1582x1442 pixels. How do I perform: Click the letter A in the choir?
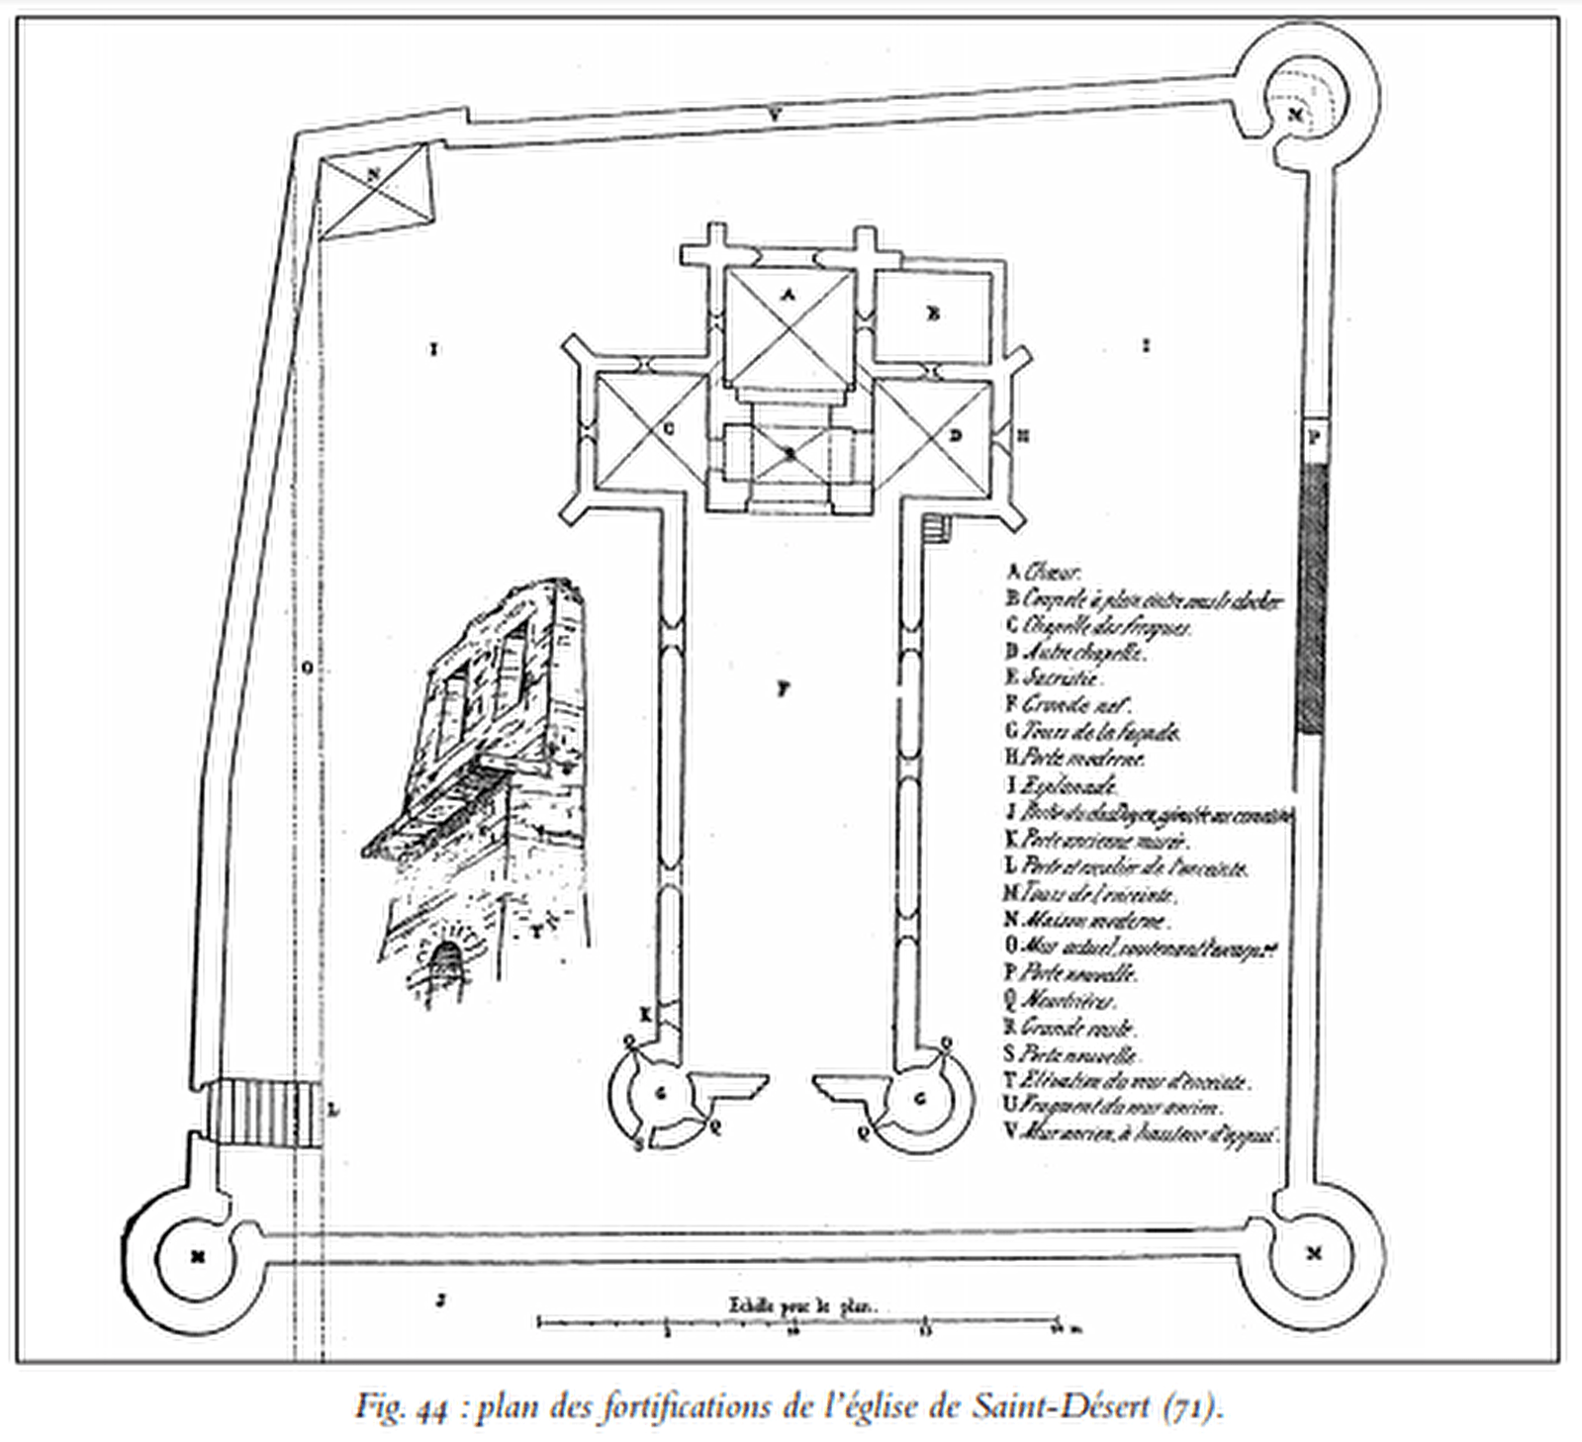[789, 294]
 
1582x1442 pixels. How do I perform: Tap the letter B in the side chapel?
[932, 314]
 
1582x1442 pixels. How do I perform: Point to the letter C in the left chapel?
[668, 430]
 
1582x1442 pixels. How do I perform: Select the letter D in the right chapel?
[955, 434]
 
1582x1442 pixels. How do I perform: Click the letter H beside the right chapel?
[1023, 434]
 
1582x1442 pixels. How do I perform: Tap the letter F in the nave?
[783, 690]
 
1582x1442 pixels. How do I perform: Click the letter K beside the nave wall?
[644, 1014]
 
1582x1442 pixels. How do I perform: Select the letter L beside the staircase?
[333, 1110]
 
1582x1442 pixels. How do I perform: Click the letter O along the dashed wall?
[307, 669]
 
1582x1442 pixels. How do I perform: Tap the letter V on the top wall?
[777, 115]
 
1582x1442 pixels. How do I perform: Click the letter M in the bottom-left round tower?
[199, 1256]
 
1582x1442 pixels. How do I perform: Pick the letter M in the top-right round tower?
[1298, 115]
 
